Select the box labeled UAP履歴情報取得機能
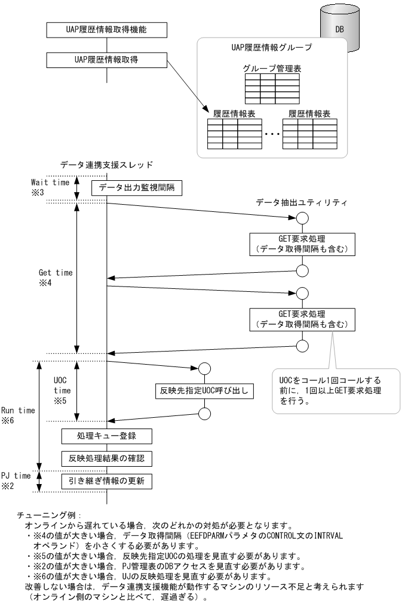pos(106,28)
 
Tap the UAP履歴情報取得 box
pos(106,58)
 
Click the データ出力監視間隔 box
pos(136,189)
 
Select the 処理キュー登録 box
pos(106,436)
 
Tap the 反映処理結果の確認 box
pos(106,458)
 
